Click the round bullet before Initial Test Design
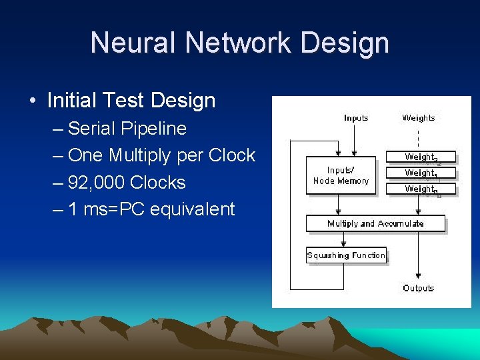pyautogui.click(x=33, y=102)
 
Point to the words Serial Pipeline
pyautogui.click(x=127, y=128)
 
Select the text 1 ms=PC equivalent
pyautogui.click(x=151, y=209)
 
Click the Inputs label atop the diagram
pyautogui.click(x=356, y=118)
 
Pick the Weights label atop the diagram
pyautogui.click(x=419, y=118)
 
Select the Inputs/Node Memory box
pyautogui.click(x=341, y=176)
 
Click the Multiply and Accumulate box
pyautogui.click(x=375, y=223)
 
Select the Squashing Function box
pyautogui.click(x=346, y=255)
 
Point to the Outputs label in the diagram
pyautogui.click(x=419, y=288)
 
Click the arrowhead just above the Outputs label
pyautogui.click(x=419, y=275)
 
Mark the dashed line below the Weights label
pyautogui.click(x=419, y=138)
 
